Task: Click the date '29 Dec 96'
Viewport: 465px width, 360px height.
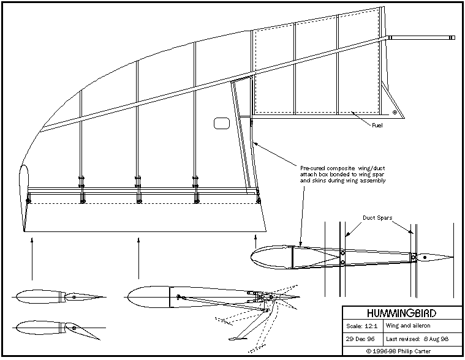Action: (361, 339)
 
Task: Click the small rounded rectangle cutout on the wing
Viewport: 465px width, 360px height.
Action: (221, 124)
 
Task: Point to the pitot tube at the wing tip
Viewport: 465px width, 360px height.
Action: (422, 38)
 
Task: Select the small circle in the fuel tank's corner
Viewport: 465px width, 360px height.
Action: (395, 113)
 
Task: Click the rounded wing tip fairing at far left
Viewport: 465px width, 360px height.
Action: (25, 190)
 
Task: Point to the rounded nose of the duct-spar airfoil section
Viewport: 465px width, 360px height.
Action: (257, 256)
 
